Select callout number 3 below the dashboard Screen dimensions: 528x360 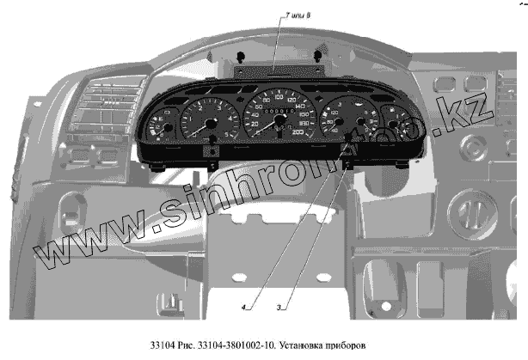(279, 307)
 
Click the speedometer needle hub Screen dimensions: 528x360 (277, 125)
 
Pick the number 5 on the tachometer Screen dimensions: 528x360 (225, 134)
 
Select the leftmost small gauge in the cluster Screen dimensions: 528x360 (160, 130)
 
